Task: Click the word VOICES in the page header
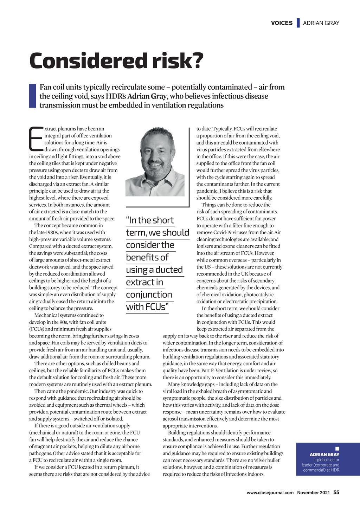(282, 23)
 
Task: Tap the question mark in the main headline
(198, 61)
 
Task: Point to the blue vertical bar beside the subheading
(32, 96)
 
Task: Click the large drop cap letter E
(36, 138)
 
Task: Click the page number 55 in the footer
(336, 492)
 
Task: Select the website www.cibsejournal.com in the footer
(270, 493)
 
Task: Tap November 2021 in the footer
(313, 493)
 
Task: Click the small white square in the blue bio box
(337, 449)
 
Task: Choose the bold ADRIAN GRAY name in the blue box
(324, 455)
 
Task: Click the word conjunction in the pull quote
(149, 295)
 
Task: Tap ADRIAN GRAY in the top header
(321, 23)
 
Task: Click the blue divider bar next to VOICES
(298, 23)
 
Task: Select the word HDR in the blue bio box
(335, 470)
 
